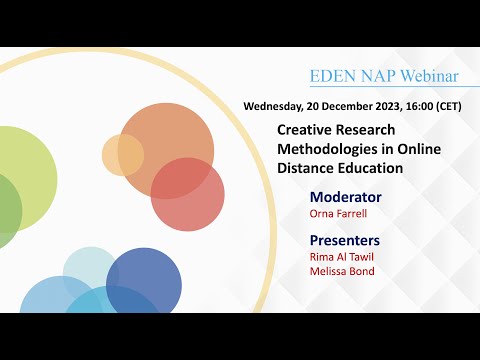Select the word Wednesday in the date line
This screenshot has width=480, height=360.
(x=279, y=106)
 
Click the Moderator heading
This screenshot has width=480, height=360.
(x=346, y=196)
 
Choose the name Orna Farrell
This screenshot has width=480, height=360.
(x=337, y=213)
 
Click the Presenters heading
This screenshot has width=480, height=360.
(x=345, y=240)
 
